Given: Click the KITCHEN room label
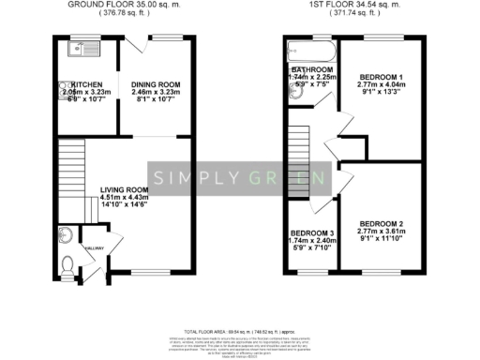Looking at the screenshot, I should pos(75,82).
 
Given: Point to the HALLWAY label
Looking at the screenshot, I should pos(96,248).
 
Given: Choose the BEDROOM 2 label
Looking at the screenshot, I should pos(379,222).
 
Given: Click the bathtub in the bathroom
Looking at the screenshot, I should pos(310,48).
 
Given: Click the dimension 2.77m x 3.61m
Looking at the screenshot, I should pos(379,230).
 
